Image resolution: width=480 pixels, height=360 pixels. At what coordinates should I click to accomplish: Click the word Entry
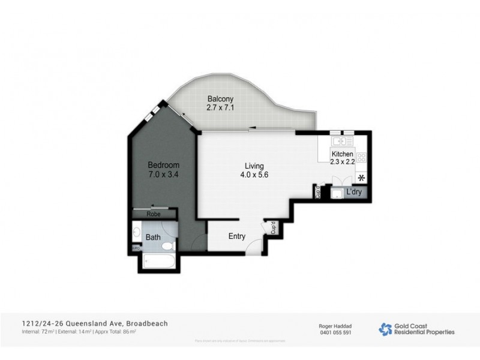point(236,236)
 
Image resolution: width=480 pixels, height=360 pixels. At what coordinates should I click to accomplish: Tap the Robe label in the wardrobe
point(155,213)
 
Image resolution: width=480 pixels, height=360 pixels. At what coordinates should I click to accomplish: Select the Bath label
point(153,237)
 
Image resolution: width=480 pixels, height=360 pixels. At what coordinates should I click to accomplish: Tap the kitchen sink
point(342,142)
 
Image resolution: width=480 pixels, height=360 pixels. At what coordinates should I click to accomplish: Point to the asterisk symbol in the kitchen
point(361,178)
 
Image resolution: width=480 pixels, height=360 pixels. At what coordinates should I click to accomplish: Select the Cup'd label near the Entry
point(272,228)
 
